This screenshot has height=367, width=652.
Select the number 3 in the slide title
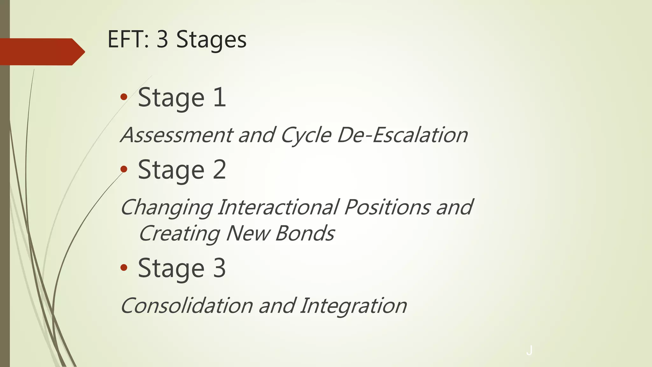pos(162,40)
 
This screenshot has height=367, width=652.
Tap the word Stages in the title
pos(211,40)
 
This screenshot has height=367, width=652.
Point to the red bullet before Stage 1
pos(124,97)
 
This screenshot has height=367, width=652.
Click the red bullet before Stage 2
pos(124,169)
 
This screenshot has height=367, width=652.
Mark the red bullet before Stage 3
pos(124,268)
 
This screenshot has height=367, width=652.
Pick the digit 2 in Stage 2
pos(219,169)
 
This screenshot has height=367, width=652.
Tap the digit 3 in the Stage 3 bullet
pos(219,268)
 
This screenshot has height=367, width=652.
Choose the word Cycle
pos(306,135)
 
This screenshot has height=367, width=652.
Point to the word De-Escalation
pos(402,135)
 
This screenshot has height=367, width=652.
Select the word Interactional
pos(279,207)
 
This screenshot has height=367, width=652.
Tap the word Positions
pos(387,207)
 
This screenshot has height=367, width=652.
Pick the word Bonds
pos(305,233)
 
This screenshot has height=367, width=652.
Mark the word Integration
pos(353,306)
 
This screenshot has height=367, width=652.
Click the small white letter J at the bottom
pos(529,350)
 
